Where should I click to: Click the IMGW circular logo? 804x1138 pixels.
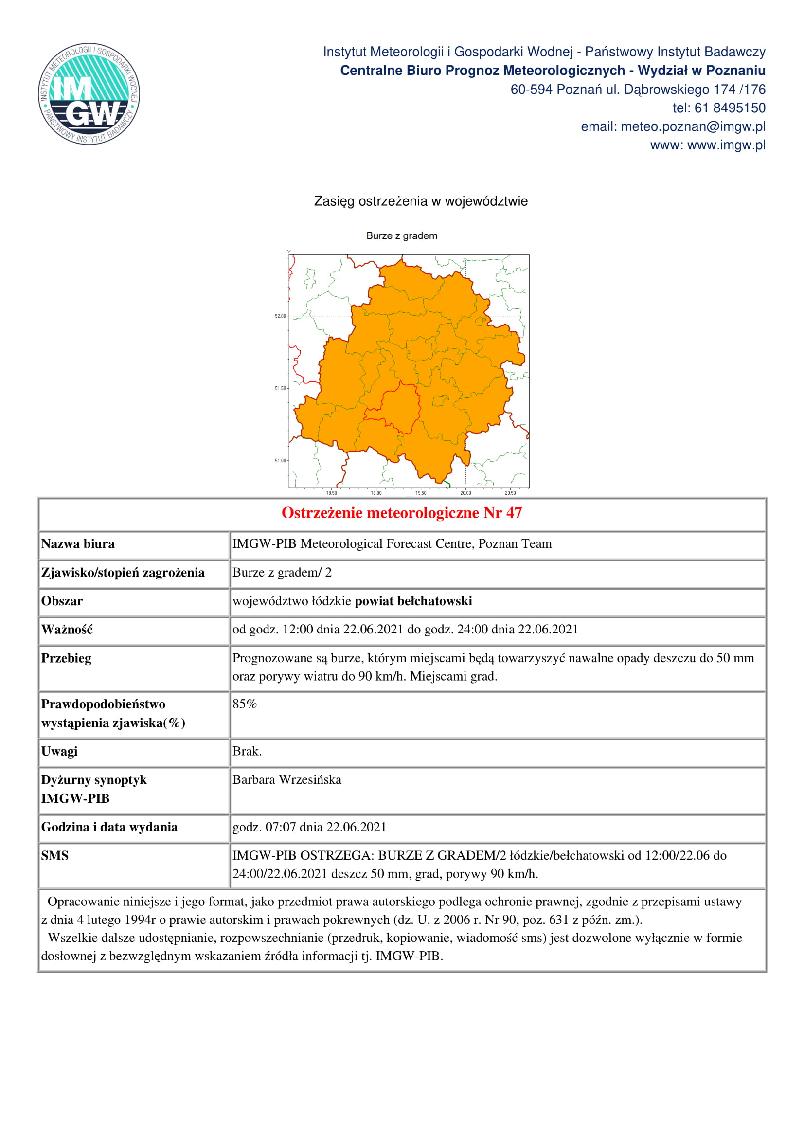[x=89, y=94]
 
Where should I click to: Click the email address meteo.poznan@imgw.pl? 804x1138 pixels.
[x=693, y=127]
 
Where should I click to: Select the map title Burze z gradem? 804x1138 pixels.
[x=402, y=236]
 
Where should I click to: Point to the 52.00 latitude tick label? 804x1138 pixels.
[x=280, y=316]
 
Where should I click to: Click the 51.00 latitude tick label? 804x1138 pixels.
[x=280, y=461]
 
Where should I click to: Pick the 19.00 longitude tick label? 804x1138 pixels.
[x=376, y=493]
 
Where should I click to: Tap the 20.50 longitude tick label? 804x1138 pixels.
[x=510, y=493]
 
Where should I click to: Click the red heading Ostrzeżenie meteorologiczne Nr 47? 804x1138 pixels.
[x=402, y=513]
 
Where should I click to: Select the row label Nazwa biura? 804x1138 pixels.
[x=78, y=544]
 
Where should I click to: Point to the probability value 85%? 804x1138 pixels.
[x=245, y=704]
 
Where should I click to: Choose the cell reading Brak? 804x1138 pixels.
[x=247, y=751]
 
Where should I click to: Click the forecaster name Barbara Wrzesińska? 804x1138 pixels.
[x=287, y=779]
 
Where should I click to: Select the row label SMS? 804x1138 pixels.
[x=55, y=855]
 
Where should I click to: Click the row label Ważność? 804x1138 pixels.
[x=67, y=630]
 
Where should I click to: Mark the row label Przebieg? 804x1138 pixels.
[x=66, y=658]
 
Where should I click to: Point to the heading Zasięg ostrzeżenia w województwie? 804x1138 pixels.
[x=421, y=201]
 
